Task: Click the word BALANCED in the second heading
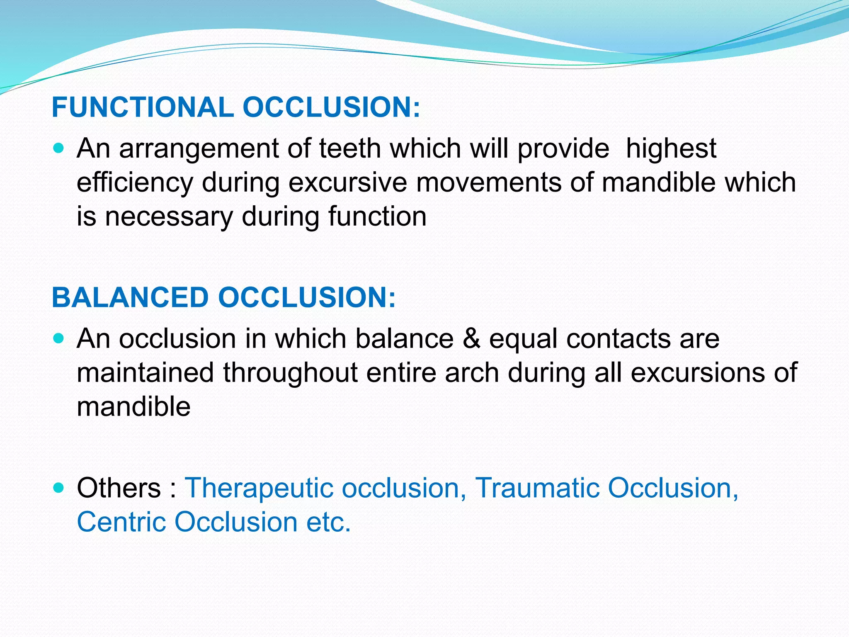coord(130,297)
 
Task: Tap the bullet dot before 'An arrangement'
coord(59,148)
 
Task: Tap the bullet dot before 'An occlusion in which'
coord(59,338)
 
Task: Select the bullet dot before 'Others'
coord(59,487)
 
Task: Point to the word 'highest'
coord(671,148)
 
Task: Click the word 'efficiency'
coord(135,182)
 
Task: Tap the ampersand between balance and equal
coord(471,338)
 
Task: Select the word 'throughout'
coord(290,372)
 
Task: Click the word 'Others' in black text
coord(119,488)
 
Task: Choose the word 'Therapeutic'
coord(259,488)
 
